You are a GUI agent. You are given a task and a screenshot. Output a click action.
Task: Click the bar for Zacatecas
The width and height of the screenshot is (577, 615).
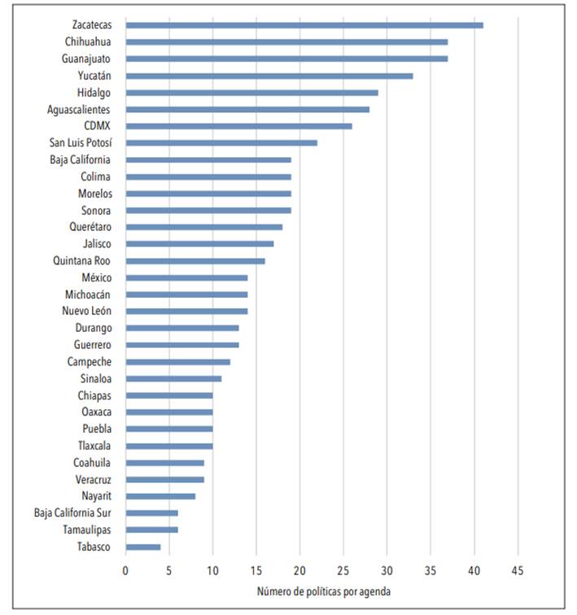304,25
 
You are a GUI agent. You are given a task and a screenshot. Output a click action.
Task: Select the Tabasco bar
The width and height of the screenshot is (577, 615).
143,547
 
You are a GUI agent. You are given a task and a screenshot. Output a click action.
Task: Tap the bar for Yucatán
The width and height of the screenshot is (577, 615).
269,76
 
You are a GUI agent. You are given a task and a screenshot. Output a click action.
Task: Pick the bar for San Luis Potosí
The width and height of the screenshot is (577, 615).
221,142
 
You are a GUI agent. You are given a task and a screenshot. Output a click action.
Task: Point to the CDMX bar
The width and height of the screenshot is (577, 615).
239,126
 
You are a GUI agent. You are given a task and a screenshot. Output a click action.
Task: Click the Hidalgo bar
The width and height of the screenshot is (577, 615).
252,93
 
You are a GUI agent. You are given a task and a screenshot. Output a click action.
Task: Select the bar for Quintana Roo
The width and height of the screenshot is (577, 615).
195,261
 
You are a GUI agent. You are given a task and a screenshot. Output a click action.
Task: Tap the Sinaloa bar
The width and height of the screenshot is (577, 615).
173,378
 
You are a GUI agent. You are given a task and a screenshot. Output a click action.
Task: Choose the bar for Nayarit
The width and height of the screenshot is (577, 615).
160,496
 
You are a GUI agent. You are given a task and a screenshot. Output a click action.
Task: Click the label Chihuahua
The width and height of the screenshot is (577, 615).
88,42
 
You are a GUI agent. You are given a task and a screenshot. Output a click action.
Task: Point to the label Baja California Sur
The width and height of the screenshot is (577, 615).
72,513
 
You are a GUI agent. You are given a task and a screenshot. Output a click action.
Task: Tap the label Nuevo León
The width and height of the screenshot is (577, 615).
86,312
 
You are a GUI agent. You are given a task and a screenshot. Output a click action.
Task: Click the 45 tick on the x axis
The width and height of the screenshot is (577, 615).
517,570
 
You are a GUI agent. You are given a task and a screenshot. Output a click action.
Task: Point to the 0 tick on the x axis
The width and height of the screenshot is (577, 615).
125,570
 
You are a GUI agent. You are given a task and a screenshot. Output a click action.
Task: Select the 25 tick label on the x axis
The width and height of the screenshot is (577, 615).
343,570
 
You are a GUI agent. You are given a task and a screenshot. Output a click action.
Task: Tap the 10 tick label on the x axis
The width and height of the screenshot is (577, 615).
212,570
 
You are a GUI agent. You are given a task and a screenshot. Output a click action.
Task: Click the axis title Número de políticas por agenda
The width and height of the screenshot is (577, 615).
323,591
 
